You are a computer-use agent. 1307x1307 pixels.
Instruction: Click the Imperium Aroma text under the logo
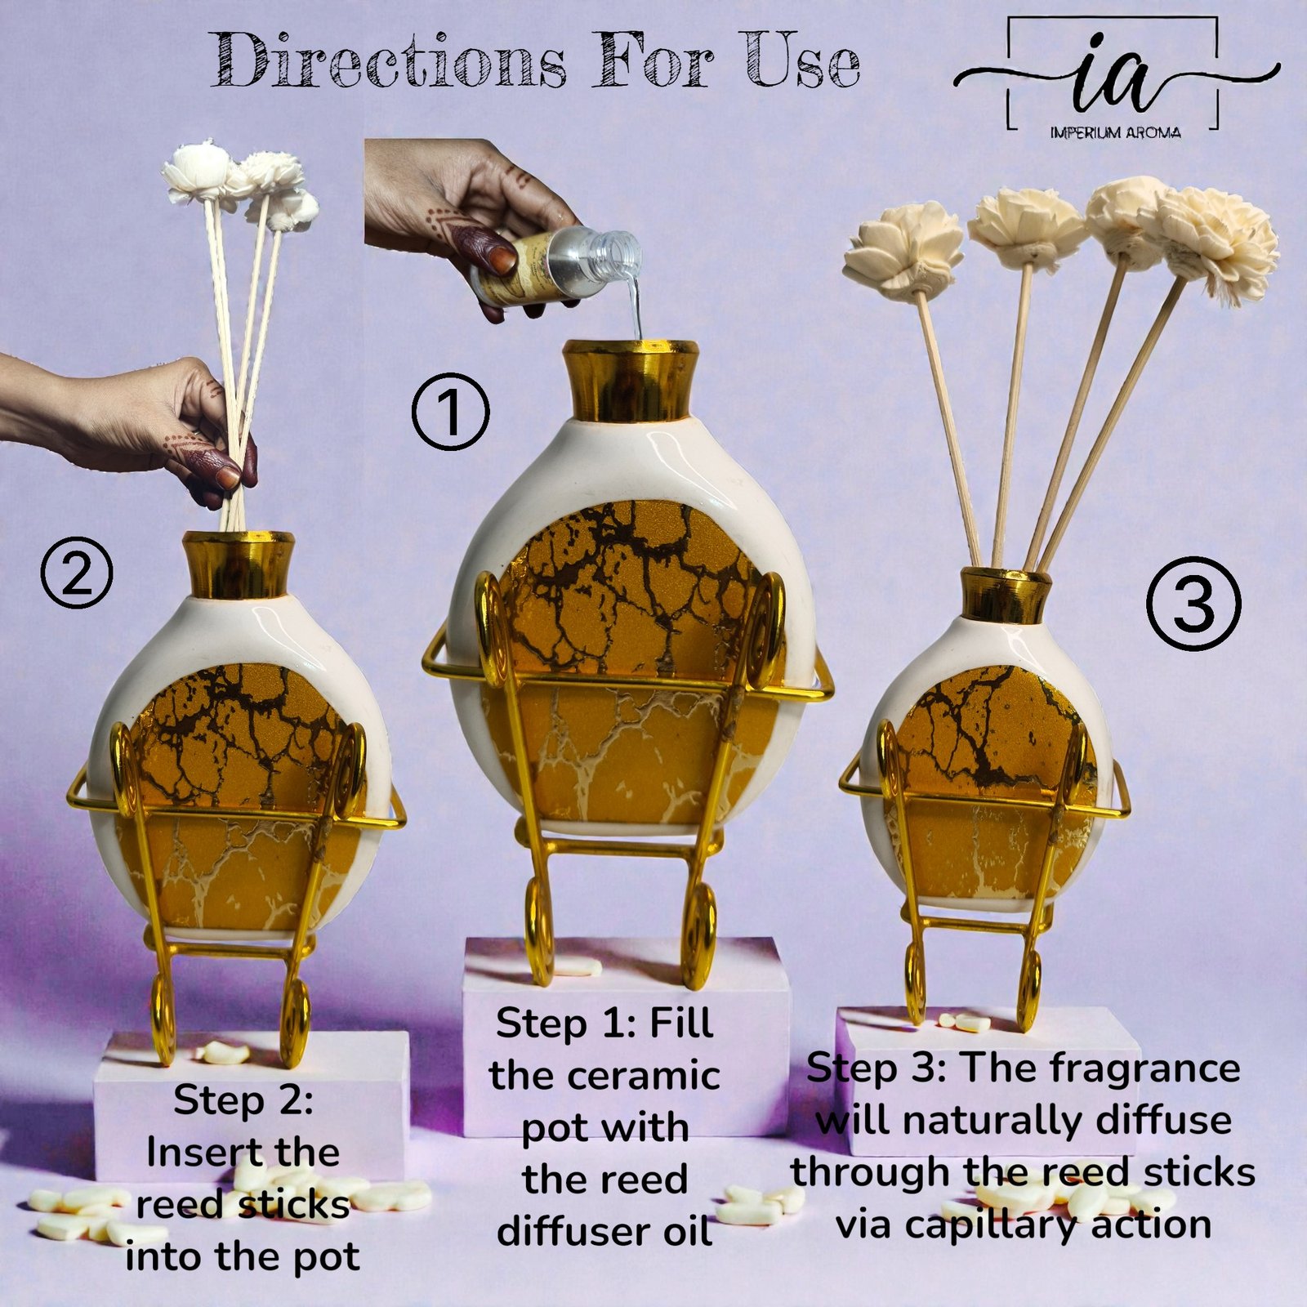[1115, 132]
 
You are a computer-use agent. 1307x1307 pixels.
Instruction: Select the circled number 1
[450, 411]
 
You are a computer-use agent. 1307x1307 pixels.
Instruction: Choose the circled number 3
[1193, 604]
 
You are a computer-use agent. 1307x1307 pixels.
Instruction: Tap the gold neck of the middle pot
[630, 381]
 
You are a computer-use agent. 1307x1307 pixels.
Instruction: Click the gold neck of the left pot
[238, 564]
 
